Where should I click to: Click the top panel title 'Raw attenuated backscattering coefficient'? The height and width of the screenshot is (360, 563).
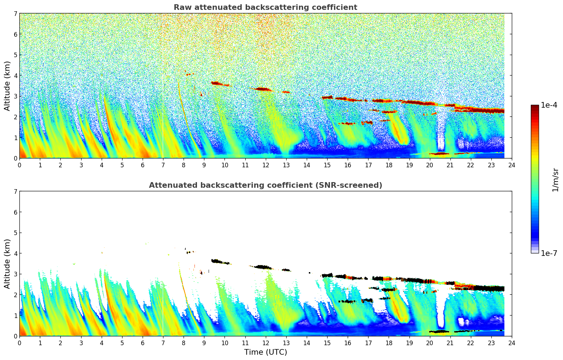(265, 7)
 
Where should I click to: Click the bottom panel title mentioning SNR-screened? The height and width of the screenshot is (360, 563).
(265, 185)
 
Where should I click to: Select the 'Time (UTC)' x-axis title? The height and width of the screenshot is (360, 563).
(265, 352)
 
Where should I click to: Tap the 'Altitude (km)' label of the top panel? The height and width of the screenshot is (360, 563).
(7, 86)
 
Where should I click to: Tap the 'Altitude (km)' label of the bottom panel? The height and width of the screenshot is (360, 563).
(7, 264)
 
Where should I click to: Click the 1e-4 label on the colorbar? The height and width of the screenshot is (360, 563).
(549, 105)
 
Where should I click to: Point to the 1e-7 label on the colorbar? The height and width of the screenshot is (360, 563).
(549, 253)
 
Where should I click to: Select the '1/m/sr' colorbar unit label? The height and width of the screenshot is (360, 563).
(555, 179)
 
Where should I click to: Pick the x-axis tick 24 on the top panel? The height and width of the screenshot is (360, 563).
(511, 165)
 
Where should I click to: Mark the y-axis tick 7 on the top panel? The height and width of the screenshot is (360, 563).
(15, 13)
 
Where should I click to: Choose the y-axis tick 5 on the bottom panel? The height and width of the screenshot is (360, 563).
(15, 233)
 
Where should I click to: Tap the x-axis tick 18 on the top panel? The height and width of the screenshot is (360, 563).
(389, 165)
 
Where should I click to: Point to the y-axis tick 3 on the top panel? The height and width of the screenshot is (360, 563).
(15, 96)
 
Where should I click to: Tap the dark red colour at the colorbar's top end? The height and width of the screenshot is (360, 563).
(534, 107)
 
